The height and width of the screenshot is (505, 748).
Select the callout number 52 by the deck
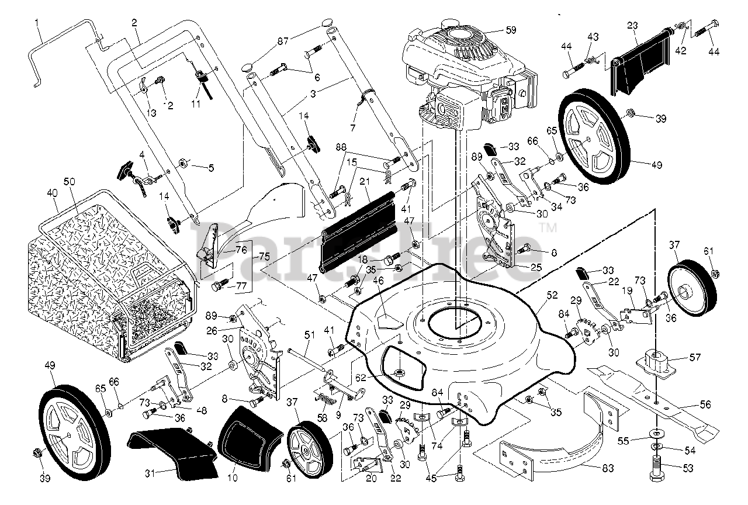point(552,296)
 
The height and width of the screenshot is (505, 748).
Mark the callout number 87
point(283,41)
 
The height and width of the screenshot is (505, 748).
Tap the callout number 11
point(195,104)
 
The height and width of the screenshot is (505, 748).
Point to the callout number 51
point(309,335)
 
